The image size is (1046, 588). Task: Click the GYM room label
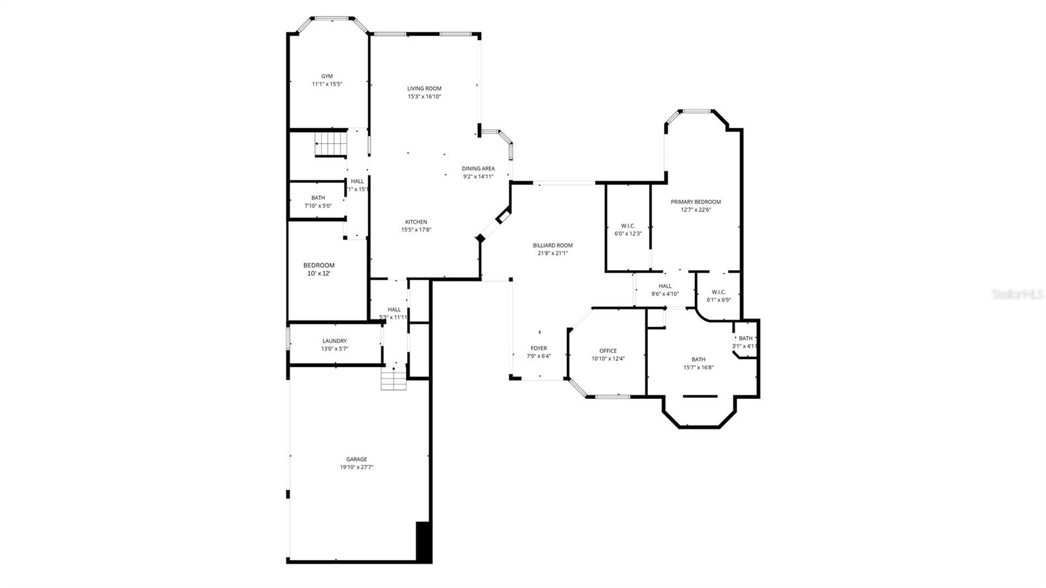tap(327, 76)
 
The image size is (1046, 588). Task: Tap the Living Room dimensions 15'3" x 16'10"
tap(425, 97)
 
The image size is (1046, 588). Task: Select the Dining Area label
tap(479, 168)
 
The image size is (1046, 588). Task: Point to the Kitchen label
tap(416, 222)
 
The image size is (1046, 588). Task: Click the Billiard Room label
tap(552, 245)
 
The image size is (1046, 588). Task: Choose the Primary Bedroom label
tap(696, 202)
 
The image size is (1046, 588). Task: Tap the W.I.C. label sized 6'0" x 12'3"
tap(628, 226)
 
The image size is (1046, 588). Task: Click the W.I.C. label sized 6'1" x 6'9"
tap(718, 292)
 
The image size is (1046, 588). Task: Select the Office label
tap(608, 351)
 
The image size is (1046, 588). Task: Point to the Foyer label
tap(539, 349)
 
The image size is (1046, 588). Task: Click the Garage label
tap(356, 459)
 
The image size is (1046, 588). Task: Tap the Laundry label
tap(335, 341)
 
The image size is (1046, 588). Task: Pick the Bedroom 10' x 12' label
tap(319, 265)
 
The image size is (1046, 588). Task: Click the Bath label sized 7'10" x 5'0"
tap(318, 198)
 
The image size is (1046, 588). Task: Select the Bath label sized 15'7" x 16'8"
tap(698, 359)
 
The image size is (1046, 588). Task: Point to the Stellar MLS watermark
tap(1018, 295)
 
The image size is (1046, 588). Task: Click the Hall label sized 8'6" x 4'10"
tap(665, 286)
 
